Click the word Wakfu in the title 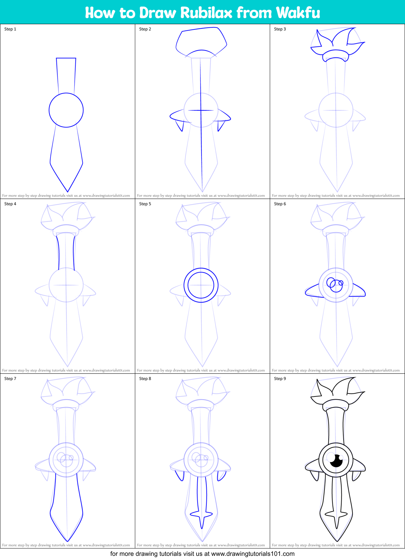click(x=298, y=13)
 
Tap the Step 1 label click(x=10, y=29)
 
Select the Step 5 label click(x=145, y=204)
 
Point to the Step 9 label click(x=280, y=379)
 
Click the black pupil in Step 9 click(x=336, y=461)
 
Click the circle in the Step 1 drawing click(x=66, y=110)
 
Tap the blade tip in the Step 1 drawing click(x=67, y=190)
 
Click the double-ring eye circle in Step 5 click(x=201, y=285)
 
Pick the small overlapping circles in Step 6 click(x=335, y=284)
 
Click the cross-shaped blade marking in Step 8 click(x=201, y=514)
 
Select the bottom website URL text click(x=253, y=554)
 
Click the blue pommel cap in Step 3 click(x=336, y=55)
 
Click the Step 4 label click(x=10, y=204)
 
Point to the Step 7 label click(x=10, y=379)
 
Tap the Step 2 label click(x=145, y=29)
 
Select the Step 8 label click(x=145, y=379)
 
